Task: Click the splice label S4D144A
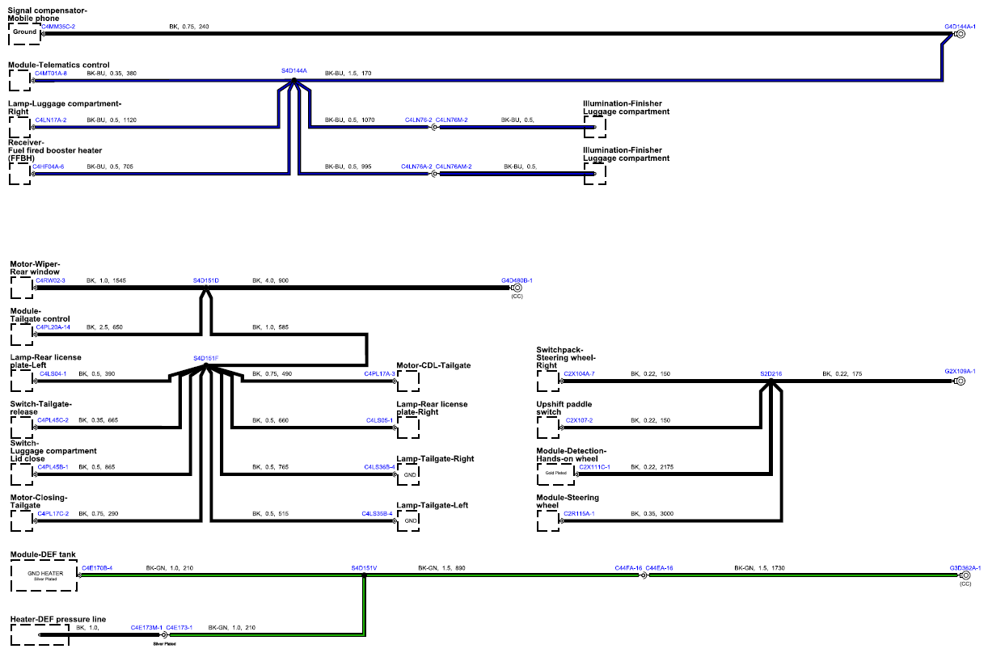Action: pyautogui.click(x=293, y=70)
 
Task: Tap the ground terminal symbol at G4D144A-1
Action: pyautogui.click(x=961, y=34)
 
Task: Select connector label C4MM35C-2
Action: pyautogui.click(x=58, y=27)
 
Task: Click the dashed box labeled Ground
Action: pyautogui.click(x=25, y=34)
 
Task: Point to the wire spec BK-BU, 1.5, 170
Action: pyautogui.click(x=348, y=74)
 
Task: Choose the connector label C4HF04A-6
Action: pyautogui.click(x=48, y=166)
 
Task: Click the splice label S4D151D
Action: pyautogui.click(x=206, y=280)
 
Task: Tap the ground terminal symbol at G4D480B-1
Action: pyautogui.click(x=517, y=288)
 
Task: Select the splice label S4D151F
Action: pyautogui.click(x=206, y=358)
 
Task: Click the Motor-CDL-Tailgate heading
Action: pyautogui.click(x=433, y=365)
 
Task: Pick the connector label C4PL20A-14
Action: pyautogui.click(x=53, y=327)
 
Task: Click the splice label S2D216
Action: pyautogui.click(x=771, y=374)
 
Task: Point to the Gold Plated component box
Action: pyautogui.click(x=555, y=474)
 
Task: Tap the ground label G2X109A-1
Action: pyautogui.click(x=960, y=371)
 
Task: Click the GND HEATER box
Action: pyautogui.click(x=44, y=575)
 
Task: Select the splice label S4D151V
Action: pyautogui.click(x=364, y=568)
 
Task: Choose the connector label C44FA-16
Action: pyautogui.click(x=628, y=568)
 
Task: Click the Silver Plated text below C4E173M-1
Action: pyautogui.click(x=164, y=644)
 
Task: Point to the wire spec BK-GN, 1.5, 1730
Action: pyautogui.click(x=759, y=568)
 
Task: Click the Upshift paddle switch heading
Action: pyautogui.click(x=564, y=408)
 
